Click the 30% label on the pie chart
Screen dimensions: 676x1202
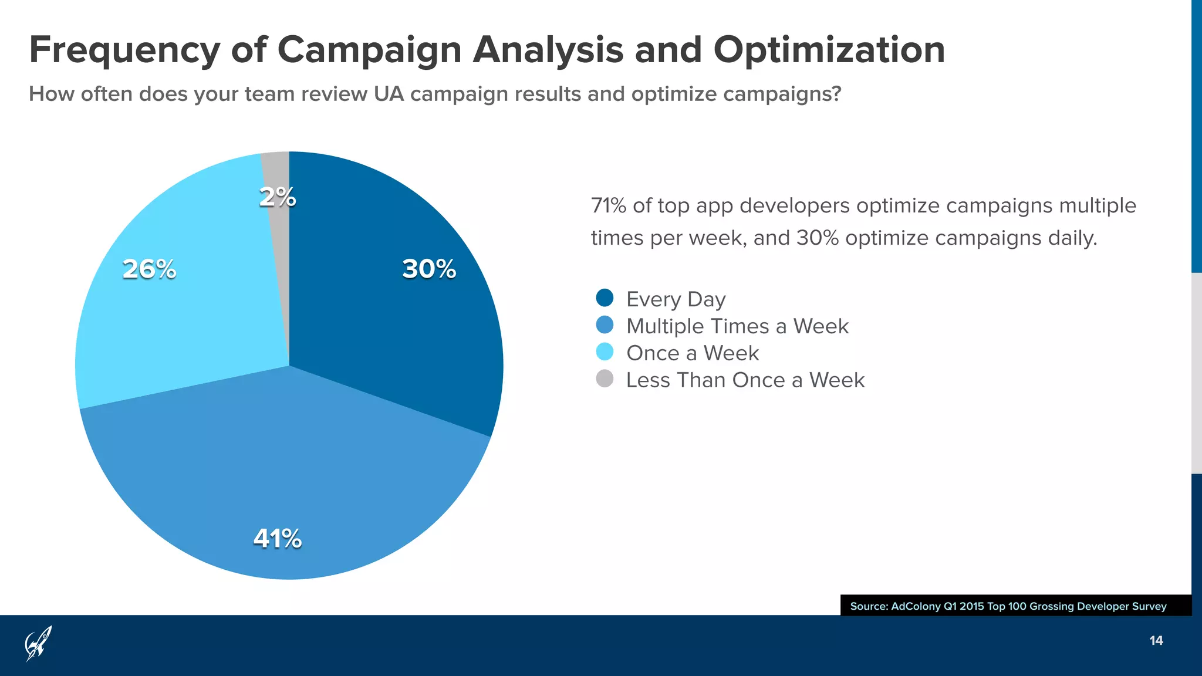point(429,269)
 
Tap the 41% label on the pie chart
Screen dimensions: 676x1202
point(278,539)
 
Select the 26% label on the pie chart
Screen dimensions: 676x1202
point(149,269)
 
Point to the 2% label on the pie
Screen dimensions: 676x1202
point(278,197)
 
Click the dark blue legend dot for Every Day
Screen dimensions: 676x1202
point(605,298)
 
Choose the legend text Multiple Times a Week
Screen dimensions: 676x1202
point(737,326)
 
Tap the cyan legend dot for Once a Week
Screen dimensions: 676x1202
point(605,352)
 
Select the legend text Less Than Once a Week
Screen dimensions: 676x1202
point(745,380)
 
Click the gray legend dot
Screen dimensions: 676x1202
point(605,379)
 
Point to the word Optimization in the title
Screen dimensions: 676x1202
point(829,50)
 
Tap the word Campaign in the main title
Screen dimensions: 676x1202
point(369,50)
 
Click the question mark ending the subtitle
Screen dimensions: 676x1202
point(836,94)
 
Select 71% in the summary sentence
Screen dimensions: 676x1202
point(609,206)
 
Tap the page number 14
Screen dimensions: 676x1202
point(1156,641)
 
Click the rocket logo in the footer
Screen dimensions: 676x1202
point(38,643)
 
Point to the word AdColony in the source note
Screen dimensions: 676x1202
point(915,606)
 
